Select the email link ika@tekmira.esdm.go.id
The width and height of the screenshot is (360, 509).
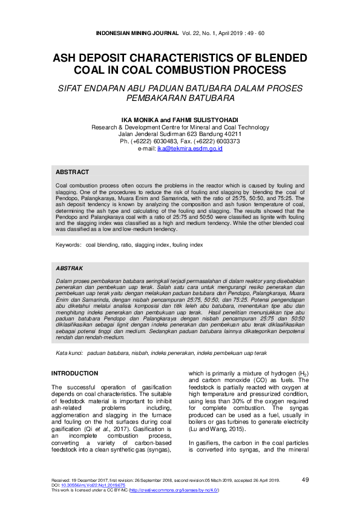[189, 148]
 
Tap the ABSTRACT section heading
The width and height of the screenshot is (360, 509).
[72, 172]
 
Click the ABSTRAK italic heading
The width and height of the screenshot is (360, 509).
[70, 268]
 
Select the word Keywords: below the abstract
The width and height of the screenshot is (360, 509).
[68, 245]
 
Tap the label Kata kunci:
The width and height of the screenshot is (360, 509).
[70, 352]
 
